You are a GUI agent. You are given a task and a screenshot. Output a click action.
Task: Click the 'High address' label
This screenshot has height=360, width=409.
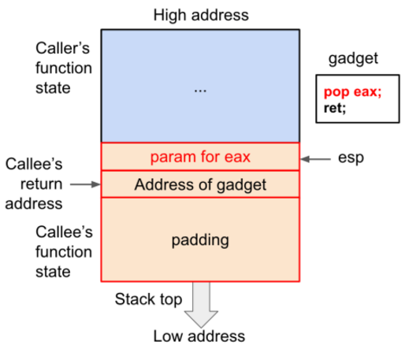[200, 15]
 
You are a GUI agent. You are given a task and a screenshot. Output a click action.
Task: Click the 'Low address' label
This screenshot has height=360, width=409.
[199, 336]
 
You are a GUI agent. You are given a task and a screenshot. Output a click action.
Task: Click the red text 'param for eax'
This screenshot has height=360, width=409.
[200, 157]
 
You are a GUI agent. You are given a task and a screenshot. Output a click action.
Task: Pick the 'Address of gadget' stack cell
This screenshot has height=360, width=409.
[200, 185]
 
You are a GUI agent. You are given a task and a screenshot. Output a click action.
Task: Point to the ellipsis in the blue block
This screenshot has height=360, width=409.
[200, 89]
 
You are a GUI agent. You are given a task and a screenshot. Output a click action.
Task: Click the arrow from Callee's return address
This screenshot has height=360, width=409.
[86, 184]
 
